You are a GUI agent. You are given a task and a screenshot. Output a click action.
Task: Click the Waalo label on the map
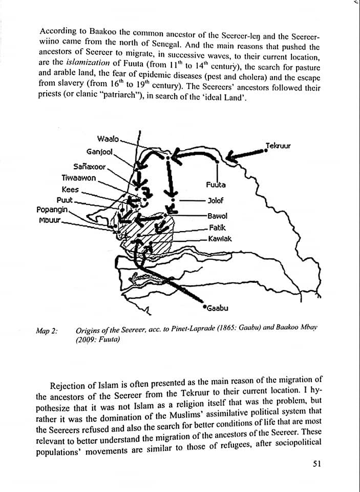coord(108,139)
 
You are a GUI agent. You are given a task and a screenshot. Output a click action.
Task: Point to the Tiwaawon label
coord(78,178)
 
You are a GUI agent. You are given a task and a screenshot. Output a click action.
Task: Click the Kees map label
coord(70,190)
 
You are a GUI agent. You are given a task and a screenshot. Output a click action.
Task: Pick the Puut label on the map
coord(65,200)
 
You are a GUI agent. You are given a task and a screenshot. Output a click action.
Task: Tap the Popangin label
coord(52,210)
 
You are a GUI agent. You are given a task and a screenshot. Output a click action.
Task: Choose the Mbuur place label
coord(50,220)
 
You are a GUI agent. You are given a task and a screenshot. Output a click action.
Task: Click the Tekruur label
coord(278,146)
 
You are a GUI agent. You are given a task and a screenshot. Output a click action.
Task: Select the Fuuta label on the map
coord(216,184)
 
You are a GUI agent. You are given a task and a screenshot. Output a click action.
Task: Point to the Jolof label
coord(216,200)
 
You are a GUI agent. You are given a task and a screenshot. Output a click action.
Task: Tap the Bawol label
coord(217,217)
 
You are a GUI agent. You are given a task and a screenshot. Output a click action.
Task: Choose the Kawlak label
coord(220,239)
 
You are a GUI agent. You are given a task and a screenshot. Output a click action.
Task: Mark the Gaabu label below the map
coord(217,308)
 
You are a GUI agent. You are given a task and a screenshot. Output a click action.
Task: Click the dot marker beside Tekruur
coord(266,150)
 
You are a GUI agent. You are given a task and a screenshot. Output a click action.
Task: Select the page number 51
coord(316,464)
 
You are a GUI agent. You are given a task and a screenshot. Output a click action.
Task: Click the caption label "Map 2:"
coord(47,331)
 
